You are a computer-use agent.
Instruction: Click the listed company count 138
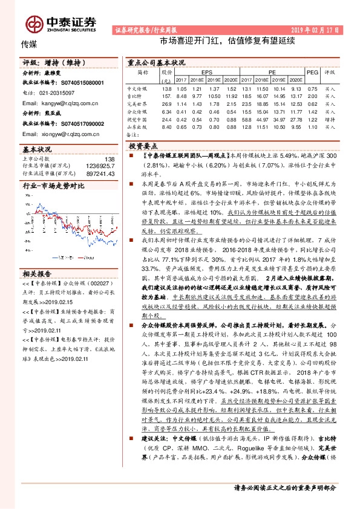(x=110, y=158)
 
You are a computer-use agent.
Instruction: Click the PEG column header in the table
(x=312, y=72)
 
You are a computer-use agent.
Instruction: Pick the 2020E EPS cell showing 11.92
(x=231, y=96)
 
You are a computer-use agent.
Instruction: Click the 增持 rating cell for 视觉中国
(x=330, y=120)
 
